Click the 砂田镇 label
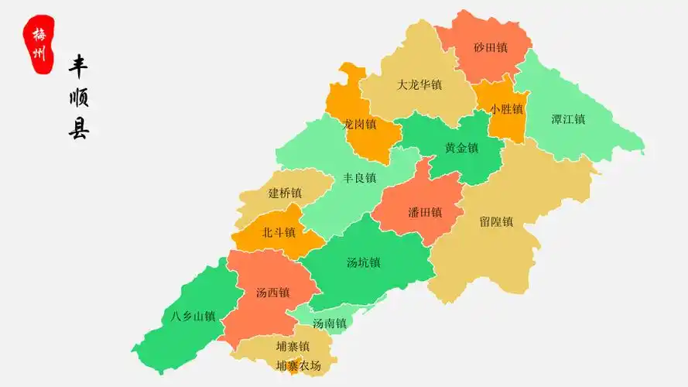[491, 48]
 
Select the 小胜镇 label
[507, 109]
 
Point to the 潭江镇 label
[568, 119]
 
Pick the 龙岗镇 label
[360, 124]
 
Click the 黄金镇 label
[461, 148]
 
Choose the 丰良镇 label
[360, 178]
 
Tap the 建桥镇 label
[285, 193]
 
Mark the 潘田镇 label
[425, 212]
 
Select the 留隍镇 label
[496, 221]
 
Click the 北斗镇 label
[279, 232]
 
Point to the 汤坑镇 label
[364, 262]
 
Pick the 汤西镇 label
[272, 293]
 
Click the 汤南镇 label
[330, 324]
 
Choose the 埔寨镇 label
[293, 346]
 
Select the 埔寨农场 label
[299, 365]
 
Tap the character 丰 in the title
[78, 67]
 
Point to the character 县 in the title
[78, 128]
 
